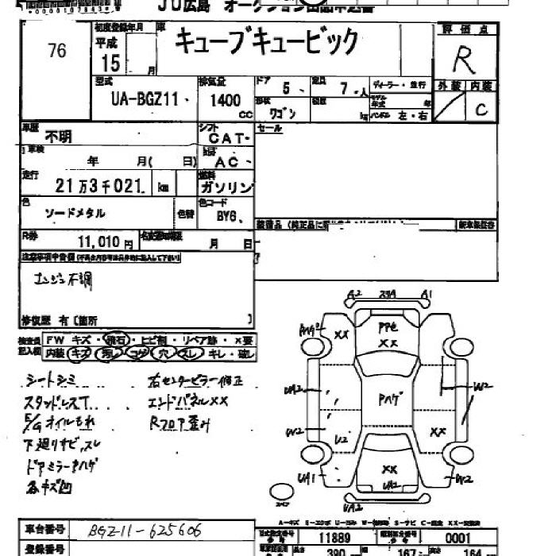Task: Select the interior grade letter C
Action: click(481, 110)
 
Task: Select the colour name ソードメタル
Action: click(74, 213)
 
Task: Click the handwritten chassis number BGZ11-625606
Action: click(145, 529)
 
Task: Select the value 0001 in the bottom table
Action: click(461, 537)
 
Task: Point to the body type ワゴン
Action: click(286, 113)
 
